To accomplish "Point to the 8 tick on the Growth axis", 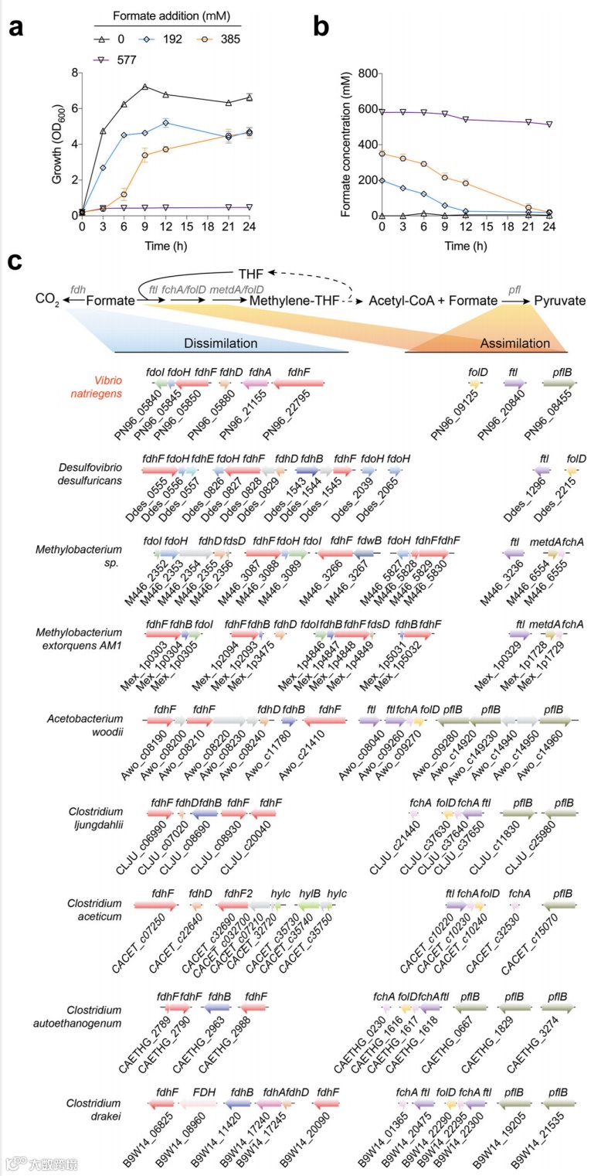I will pyautogui.click(x=74, y=73).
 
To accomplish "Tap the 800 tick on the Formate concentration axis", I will pyautogui.click(x=363, y=73).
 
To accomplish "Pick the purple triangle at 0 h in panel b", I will pyautogui.click(x=382, y=112).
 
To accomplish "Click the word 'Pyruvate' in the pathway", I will pyautogui.click(x=562, y=299).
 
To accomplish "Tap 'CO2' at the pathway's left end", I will pyautogui.click(x=46, y=300).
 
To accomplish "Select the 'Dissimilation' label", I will pyautogui.click(x=219, y=343).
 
